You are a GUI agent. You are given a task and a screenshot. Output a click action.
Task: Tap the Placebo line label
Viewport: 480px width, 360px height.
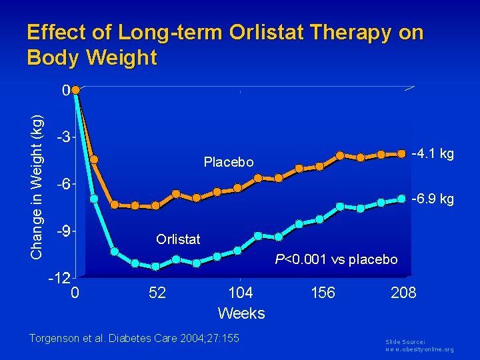pos(229,162)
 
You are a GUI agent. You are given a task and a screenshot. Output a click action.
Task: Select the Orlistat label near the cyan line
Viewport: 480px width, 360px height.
pos(178,239)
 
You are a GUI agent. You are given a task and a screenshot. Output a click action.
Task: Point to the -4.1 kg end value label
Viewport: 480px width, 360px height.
pos(433,154)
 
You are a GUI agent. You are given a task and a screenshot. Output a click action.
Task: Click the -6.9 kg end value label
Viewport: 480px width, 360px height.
pos(433,199)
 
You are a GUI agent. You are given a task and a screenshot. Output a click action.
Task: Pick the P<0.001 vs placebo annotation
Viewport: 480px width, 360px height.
pos(337,259)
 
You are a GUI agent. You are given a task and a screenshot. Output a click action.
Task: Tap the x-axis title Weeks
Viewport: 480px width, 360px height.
pos(241,313)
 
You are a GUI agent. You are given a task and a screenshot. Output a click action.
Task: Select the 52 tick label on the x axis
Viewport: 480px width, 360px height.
pos(158,293)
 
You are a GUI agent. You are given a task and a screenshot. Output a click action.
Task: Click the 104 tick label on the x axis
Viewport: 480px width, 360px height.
pos(241,293)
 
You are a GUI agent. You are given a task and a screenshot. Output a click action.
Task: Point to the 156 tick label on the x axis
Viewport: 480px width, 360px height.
pos(323,293)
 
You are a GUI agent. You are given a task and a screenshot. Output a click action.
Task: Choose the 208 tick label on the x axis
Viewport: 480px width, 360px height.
pos(403,293)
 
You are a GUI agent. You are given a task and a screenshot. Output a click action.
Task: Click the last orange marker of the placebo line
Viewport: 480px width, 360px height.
pos(402,153)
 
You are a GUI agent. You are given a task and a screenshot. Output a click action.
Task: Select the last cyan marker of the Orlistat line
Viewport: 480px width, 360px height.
pos(402,199)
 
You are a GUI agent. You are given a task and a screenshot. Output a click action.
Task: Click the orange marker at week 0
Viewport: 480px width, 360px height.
pos(76,89)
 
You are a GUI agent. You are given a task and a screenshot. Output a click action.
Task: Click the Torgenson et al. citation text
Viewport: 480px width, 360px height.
pos(134,339)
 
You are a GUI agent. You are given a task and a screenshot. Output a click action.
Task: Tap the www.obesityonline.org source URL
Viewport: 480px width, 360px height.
pos(420,349)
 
